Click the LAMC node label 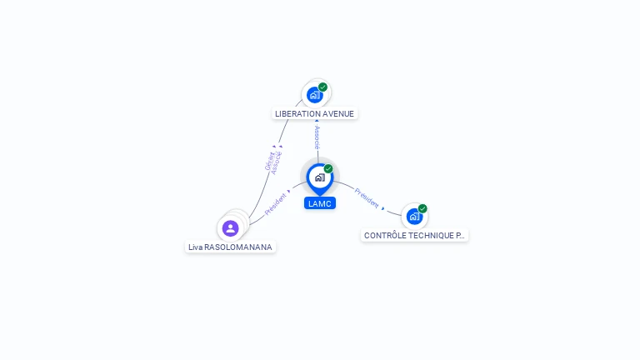tap(320, 203)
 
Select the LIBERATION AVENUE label tap(314, 113)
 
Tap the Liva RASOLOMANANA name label tap(230, 247)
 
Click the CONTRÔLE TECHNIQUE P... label tap(414, 236)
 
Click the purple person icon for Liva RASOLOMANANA tap(231, 227)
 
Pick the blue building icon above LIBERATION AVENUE tap(314, 95)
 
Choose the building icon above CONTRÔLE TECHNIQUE tap(414, 217)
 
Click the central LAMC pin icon tap(319, 177)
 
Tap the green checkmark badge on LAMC tap(328, 169)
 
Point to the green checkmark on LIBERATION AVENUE tap(322, 87)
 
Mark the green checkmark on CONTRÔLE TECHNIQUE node tap(422, 209)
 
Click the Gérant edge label tap(269, 162)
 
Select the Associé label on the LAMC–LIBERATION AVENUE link tap(317, 137)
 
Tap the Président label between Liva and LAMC tap(276, 204)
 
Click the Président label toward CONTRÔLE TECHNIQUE tap(367, 197)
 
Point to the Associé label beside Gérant tap(277, 162)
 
